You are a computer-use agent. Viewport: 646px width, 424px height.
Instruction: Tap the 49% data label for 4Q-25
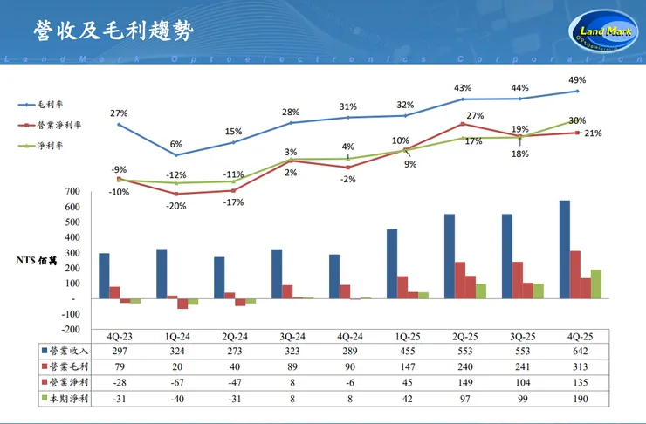coord(576,79)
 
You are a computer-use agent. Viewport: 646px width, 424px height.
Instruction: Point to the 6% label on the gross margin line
coord(176,144)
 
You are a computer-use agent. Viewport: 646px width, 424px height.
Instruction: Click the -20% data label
coord(176,206)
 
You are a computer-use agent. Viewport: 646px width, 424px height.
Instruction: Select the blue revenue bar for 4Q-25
coord(564,250)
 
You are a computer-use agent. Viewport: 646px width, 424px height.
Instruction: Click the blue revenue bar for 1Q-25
coord(392,263)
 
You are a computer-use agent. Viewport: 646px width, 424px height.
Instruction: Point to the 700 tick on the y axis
coord(73,191)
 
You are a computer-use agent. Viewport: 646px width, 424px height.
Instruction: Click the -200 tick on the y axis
coord(70,330)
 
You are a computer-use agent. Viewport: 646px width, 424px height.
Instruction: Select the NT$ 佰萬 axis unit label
coord(37,260)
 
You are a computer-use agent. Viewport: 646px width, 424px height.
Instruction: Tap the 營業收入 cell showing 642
coord(575,351)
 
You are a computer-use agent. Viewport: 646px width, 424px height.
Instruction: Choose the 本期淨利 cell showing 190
coord(575,399)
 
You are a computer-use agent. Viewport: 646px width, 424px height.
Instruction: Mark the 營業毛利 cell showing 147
coord(403,366)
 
